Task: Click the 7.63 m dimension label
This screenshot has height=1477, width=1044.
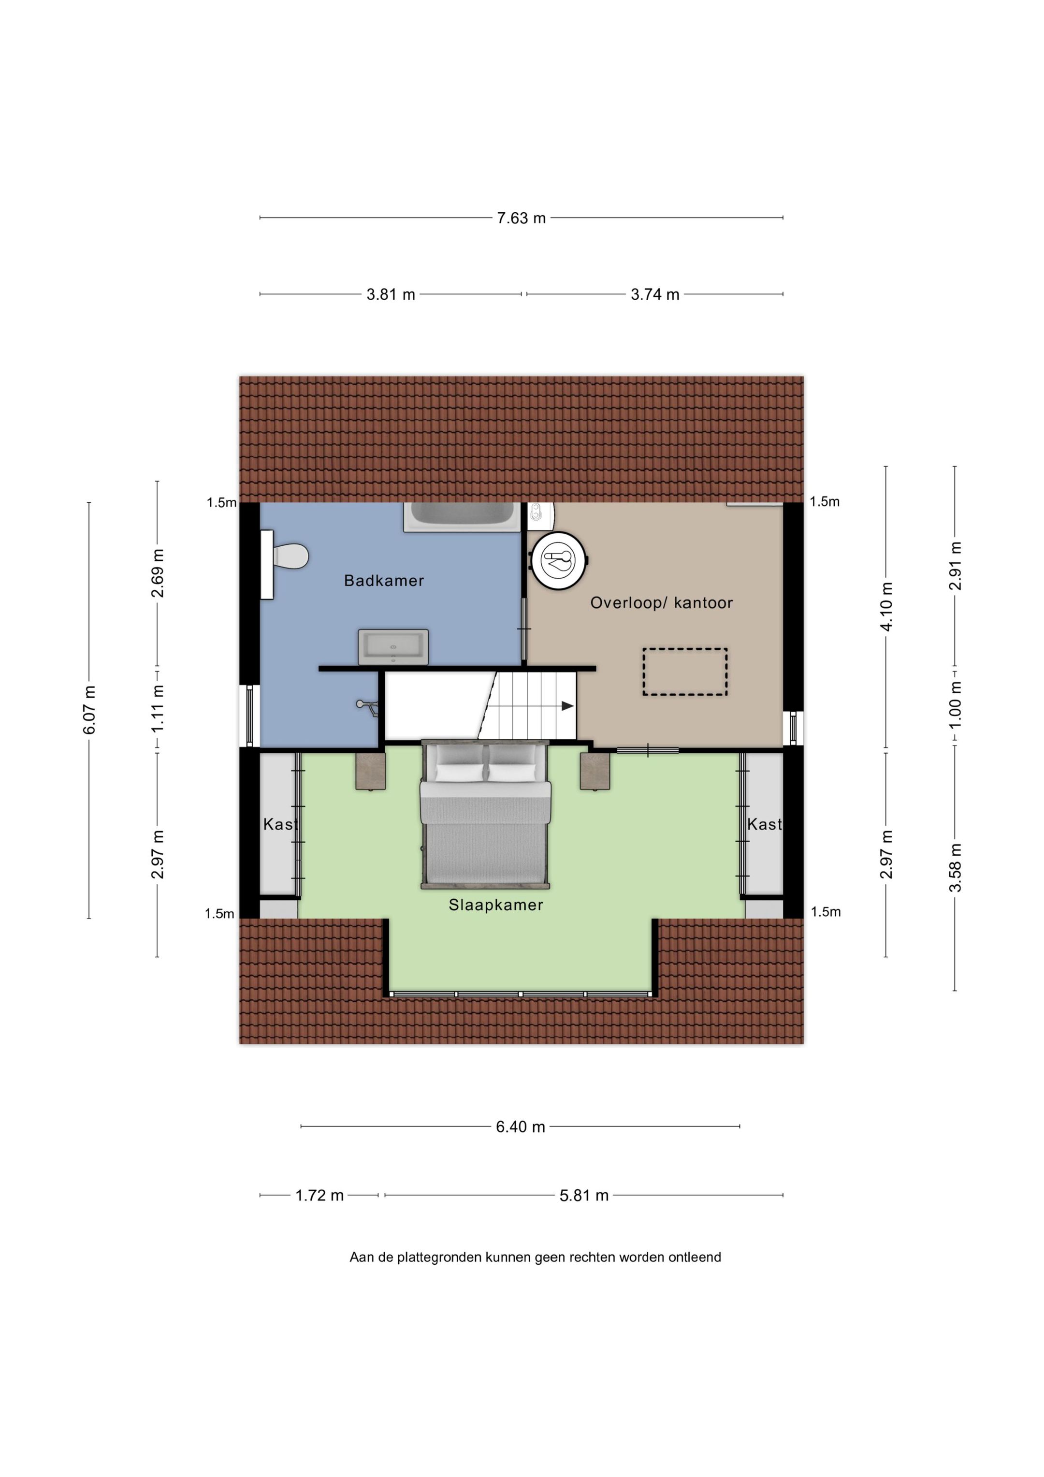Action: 521,218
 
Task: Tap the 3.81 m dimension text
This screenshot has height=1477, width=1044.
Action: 391,294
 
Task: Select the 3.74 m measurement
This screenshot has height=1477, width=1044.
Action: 655,294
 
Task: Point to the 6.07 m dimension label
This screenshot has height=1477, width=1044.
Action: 89,710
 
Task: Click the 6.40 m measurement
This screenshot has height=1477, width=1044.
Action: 521,1126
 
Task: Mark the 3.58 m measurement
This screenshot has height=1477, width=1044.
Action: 955,867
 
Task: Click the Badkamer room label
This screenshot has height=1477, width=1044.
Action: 384,581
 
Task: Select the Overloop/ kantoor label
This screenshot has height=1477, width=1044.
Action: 661,603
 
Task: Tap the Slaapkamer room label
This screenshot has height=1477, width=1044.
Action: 496,905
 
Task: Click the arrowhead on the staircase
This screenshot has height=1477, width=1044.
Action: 567,706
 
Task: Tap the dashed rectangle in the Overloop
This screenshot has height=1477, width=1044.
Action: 685,672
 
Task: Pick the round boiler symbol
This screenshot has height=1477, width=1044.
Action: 558,560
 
